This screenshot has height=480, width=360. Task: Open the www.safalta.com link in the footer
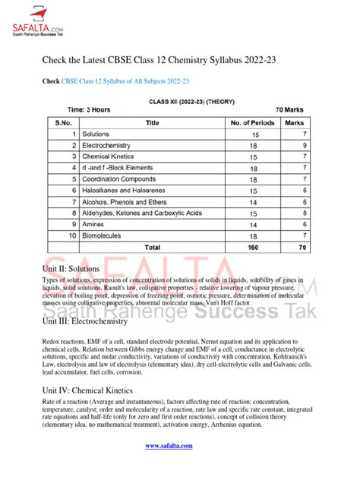178,458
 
